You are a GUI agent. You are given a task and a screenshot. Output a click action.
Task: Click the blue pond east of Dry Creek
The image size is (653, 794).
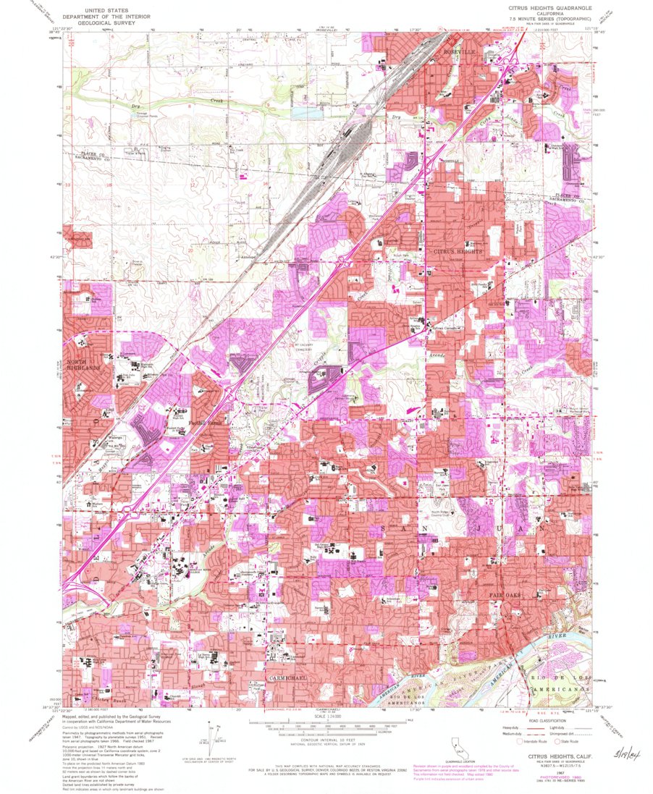pos(304,114)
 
